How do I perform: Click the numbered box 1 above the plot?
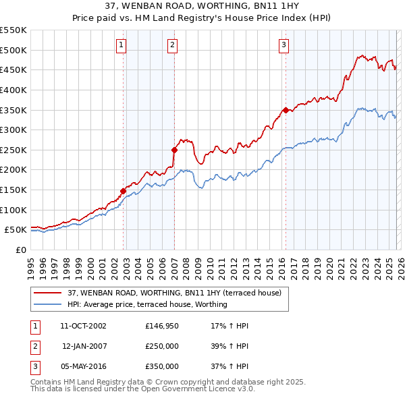click(121, 45)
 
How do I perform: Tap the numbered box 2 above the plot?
click(172, 45)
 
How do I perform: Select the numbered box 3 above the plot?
click(283, 45)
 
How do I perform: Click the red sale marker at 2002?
click(124, 191)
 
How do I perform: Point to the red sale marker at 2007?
click(175, 150)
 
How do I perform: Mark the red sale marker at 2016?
click(286, 110)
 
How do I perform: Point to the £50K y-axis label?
click(16, 230)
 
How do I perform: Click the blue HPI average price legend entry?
click(147, 304)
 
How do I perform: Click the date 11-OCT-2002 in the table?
click(83, 326)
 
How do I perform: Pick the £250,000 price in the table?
click(162, 346)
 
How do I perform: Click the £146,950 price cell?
click(162, 326)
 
